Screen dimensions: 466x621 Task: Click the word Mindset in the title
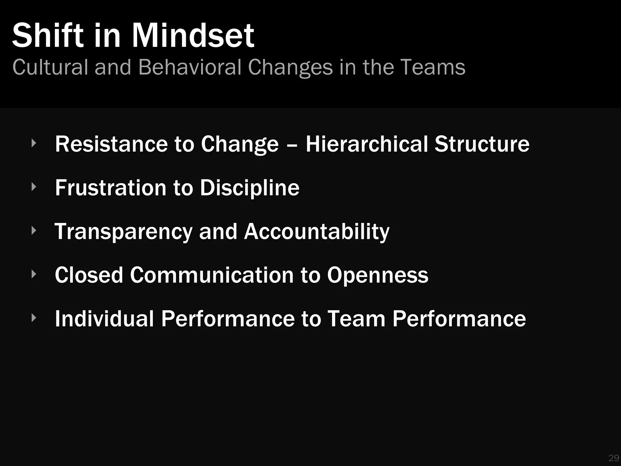(193, 35)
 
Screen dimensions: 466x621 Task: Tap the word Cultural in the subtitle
(50, 67)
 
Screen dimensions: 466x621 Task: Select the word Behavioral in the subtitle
(190, 67)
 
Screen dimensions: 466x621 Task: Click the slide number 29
(614, 458)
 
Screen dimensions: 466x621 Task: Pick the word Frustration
(111, 187)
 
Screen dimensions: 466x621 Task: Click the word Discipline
(250, 188)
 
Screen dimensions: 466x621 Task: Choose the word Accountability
(317, 232)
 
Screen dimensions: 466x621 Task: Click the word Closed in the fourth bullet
(89, 275)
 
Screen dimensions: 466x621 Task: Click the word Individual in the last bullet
(104, 319)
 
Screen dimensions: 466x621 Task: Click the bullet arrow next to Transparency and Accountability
(34, 231)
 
